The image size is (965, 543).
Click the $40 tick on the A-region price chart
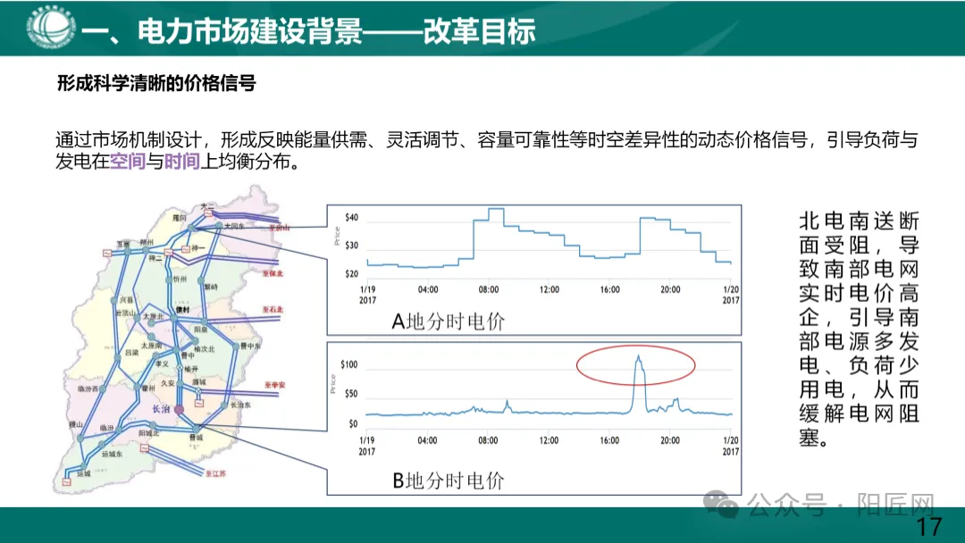point(352,218)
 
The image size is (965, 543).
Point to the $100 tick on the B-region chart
point(349,364)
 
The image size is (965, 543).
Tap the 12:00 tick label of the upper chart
point(549,289)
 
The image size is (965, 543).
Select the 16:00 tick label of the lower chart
point(610,439)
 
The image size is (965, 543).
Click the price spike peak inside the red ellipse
point(638,356)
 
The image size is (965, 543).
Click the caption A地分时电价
point(448,322)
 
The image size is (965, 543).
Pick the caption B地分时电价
point(448,480)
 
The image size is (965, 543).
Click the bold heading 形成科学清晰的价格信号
point(156,84)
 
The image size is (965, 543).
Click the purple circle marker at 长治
point(180,409)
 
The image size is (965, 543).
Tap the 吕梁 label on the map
point(131,354)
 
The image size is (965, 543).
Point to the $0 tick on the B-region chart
point(353,423)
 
